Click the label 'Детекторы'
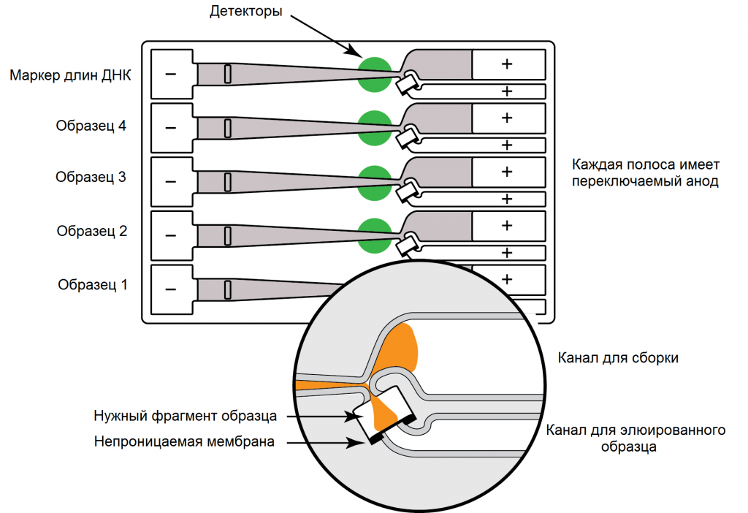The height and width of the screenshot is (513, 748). coord(245,12)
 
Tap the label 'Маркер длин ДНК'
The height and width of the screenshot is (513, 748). coord(71,75)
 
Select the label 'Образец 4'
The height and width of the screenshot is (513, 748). coord(91,126)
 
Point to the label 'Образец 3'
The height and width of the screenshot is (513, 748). coord(91,178)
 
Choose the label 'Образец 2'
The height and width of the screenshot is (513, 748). coord(92,232)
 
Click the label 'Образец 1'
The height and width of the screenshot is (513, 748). coord(93,285)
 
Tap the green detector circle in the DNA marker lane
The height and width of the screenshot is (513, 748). coord(374,74)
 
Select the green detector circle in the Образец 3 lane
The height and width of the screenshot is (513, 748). coord(374,181)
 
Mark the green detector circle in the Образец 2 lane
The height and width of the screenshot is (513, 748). coord(374,235)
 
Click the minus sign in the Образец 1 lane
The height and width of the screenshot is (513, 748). coord(171,289)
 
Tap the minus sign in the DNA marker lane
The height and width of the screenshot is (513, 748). coord(171,75)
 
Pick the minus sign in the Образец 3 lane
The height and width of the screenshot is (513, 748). coord(171,181)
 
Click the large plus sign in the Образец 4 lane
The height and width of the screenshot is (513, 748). coord(507,117)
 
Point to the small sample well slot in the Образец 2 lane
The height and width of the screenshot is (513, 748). coord(227,235)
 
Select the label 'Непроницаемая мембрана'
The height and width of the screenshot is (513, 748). coord(184,441)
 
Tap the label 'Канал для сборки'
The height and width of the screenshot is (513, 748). coord(618,358)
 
